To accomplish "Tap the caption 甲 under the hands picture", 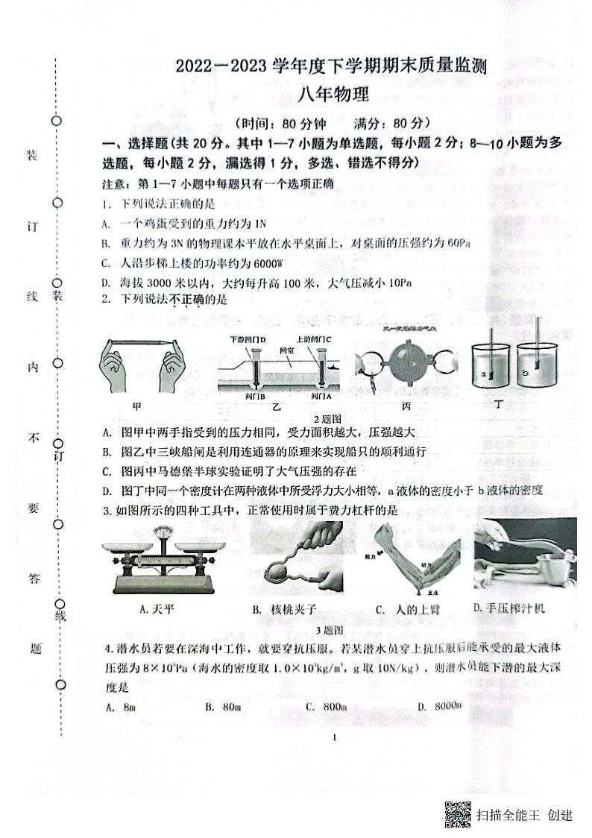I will [136, 406].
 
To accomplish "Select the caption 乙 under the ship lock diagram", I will [276, 406].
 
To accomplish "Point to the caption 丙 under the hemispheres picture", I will [406, 406].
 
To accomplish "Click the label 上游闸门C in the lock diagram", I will [316, 340].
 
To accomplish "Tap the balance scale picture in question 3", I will [157, 559].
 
